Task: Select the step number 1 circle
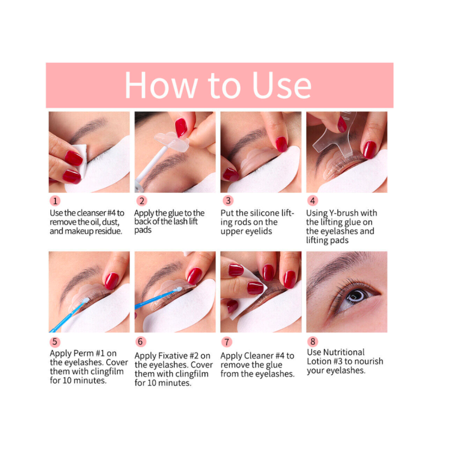(x=55, y=201)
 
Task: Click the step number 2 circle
(x=142, y=201)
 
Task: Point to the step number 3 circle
(x=228, y=200)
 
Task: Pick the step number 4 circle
(x=312, y=200)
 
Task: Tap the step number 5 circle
(x=55, y=342)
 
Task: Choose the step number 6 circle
(x=140, y=341)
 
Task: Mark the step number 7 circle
(x=227, y=342)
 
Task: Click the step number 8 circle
(x=312, y=341)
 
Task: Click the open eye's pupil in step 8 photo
(x=358, y=295)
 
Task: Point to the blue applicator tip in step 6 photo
(x=178, y=289)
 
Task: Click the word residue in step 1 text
(x=108, y=231)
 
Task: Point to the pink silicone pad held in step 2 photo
(x=172, y=140)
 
